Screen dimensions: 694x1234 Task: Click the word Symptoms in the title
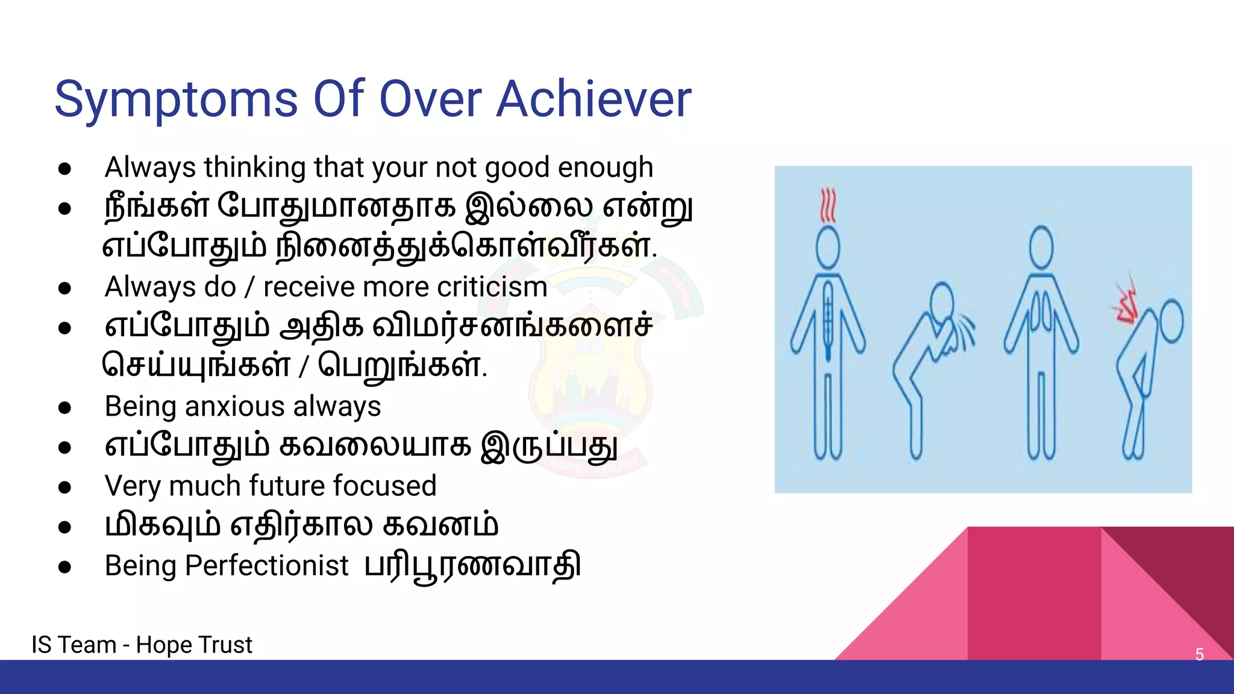(x=176, y=100)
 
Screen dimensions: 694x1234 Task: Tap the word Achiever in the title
(x=594, y=99)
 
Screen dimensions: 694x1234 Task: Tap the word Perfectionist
(x=266, y=566)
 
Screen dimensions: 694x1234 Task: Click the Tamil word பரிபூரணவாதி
(x=472, y=566)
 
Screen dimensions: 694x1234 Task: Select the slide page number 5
(x=1199, y=654)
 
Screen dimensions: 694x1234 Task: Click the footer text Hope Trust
(x=193, y=645)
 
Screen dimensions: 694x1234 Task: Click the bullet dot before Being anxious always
(x=65, y=407)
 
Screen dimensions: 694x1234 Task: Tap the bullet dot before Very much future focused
(x=65, y=487)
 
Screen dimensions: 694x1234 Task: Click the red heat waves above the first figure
(x=828, y=205)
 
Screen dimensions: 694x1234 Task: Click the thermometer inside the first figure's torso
(x=828, y=319)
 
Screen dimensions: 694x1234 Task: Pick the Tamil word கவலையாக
(x=374, y=446)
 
